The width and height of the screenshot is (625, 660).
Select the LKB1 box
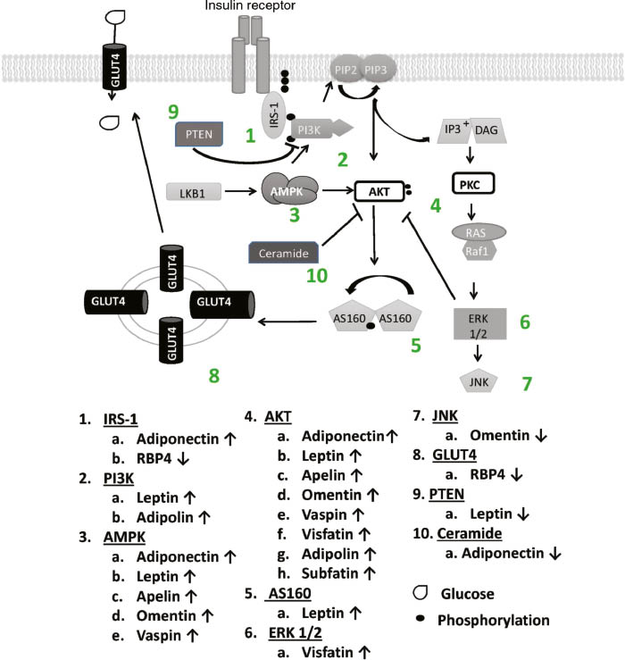pos(195,190)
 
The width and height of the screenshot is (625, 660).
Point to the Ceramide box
pos(282,252)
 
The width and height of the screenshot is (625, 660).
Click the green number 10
pos(323,274)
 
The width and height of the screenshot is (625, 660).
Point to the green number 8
pos(213,375)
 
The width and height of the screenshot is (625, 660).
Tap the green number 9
pos(174,113)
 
